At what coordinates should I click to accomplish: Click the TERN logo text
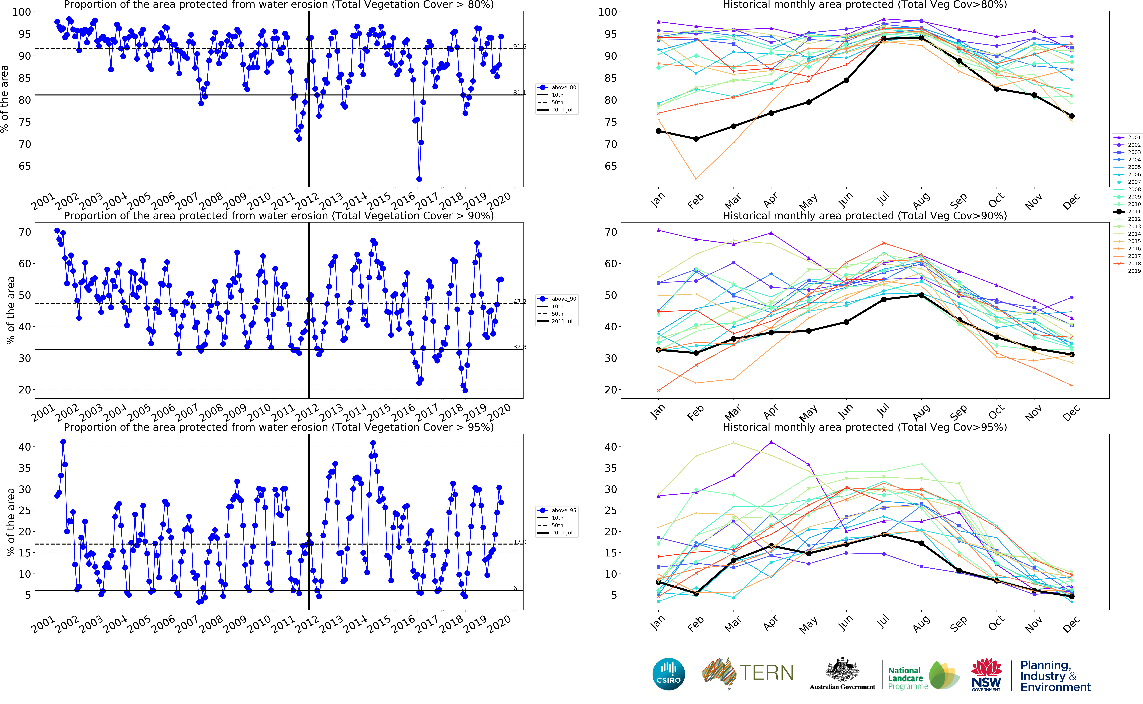pos(766,673)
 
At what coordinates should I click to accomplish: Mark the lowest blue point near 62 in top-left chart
pos(419,179)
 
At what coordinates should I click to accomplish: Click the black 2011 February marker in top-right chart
pos(696,139)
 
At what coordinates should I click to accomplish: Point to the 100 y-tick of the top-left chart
pos(21,12)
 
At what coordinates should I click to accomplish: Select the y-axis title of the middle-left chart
pos(10,311)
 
